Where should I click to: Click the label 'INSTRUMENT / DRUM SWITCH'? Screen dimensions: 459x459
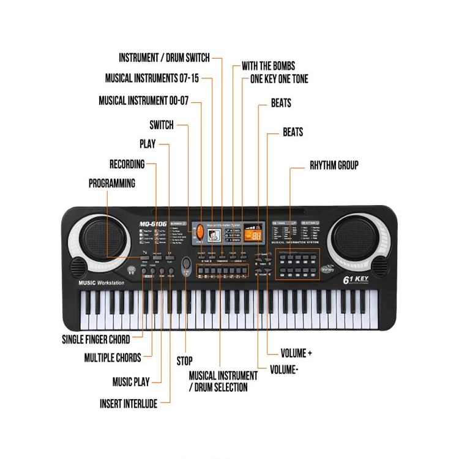point(164,58)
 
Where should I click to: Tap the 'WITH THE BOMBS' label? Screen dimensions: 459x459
point(268,66)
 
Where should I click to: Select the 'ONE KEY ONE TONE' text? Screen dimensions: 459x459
point(279,79)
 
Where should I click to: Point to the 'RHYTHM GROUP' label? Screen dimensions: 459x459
point(334,165)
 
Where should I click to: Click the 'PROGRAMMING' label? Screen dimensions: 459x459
point(112,184)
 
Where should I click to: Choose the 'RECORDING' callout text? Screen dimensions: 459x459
point(127,164)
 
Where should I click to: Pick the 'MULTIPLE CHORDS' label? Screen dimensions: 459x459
point(113,358)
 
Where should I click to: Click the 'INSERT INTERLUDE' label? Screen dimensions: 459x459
point(129,404)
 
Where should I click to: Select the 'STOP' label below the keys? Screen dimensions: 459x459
point(184,361)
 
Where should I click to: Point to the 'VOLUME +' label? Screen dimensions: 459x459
point(296,354)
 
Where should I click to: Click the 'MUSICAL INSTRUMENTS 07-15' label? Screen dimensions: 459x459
point(152,79)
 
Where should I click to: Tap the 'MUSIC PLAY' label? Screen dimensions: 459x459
point(131,382)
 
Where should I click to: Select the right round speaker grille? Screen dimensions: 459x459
point(351,239)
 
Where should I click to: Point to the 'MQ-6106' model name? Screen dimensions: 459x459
point(152,224)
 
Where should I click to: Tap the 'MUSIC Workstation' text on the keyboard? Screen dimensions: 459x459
point(102,283)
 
